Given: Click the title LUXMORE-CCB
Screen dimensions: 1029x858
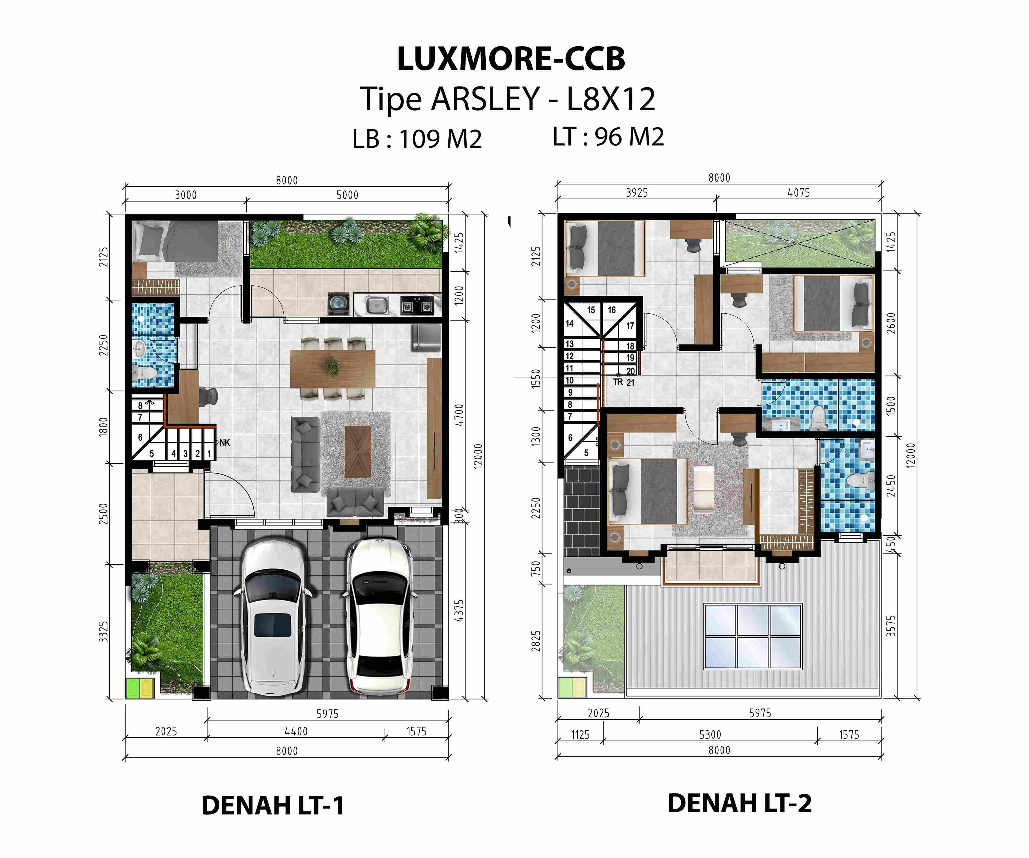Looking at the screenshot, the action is (511, 59).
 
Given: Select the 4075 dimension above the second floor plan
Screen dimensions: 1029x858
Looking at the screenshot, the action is (798, 192).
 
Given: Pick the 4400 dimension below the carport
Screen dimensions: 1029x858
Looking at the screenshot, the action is (296, 731).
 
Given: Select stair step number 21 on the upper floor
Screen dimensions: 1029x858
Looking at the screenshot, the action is (630, 383).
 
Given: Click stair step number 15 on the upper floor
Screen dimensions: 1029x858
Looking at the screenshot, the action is (591, 310).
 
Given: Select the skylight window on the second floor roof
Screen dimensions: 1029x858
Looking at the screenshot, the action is (753, 637).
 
